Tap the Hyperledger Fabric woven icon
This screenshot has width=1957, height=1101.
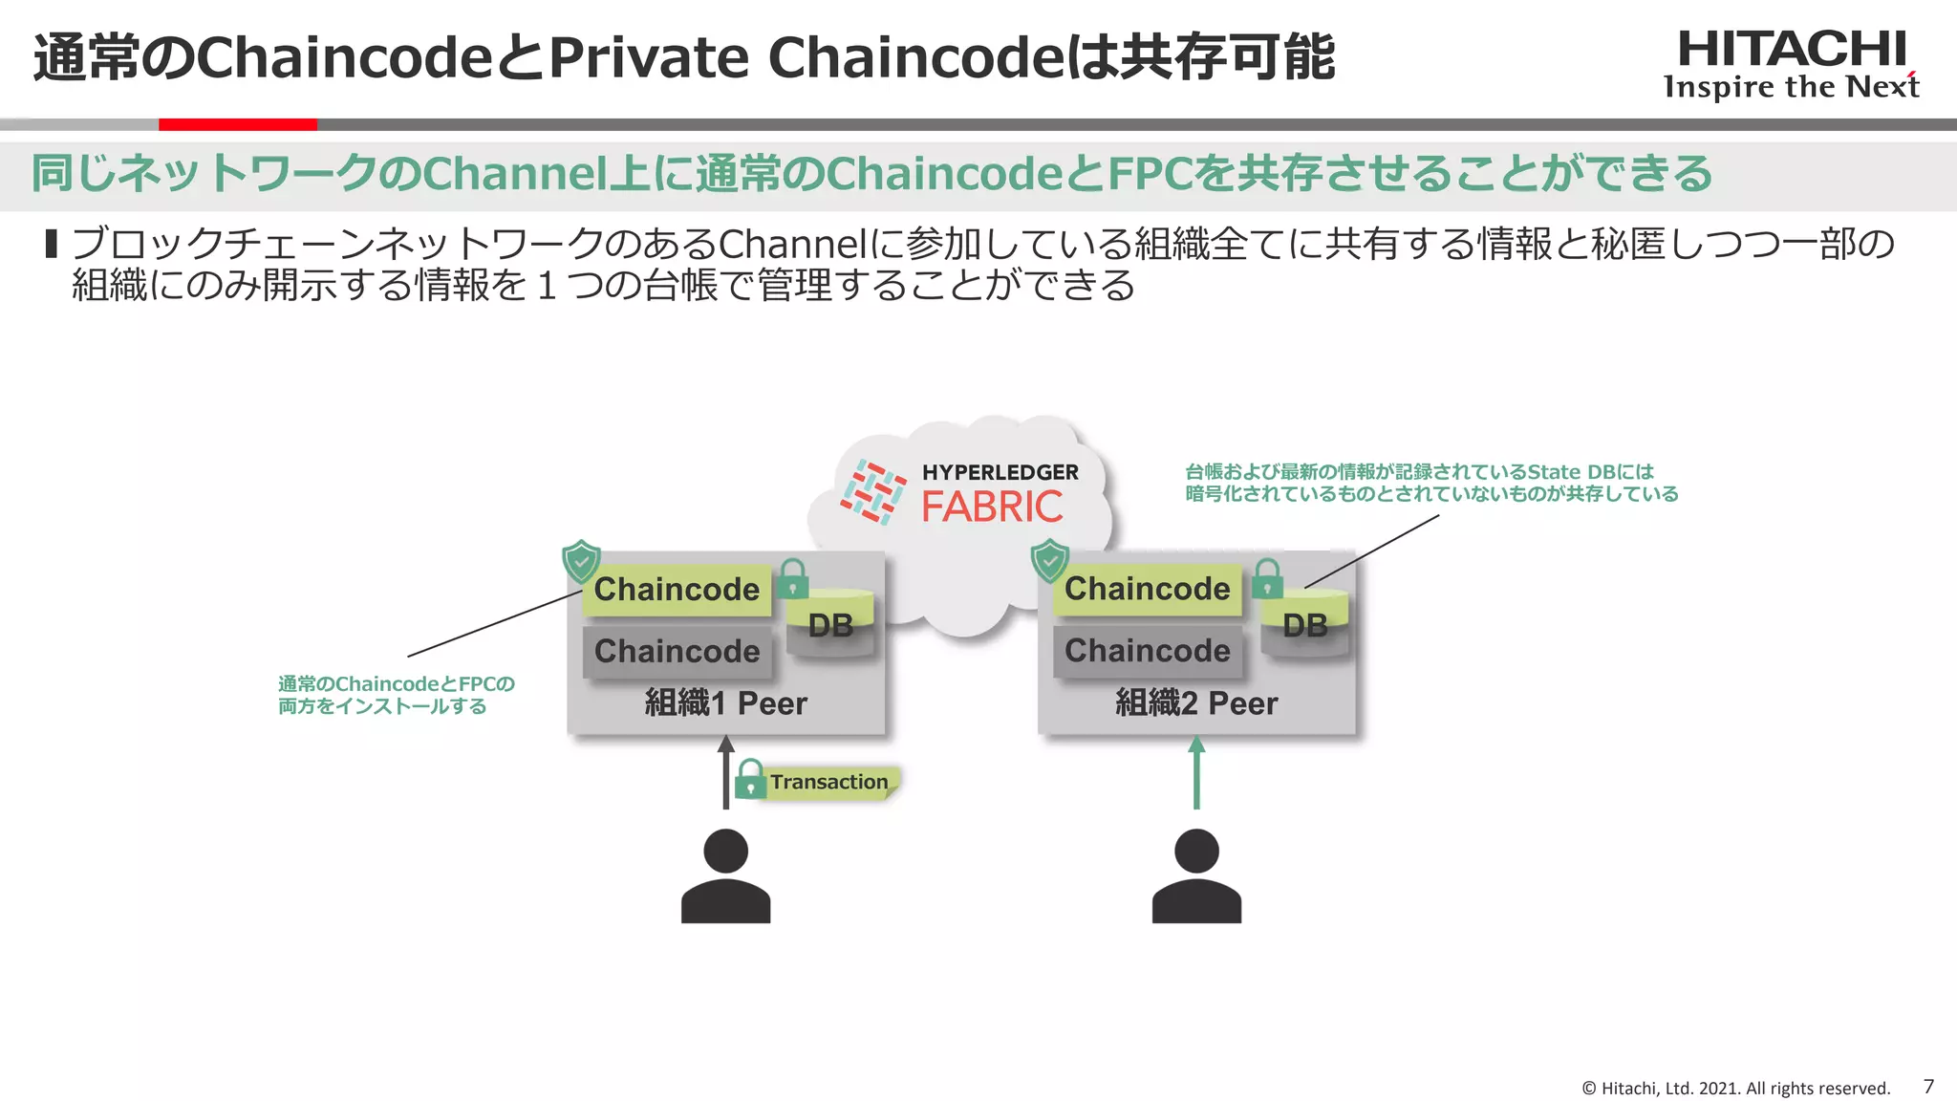click(x=872, y=492)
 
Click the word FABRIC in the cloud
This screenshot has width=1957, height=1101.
click(x=992, y=507)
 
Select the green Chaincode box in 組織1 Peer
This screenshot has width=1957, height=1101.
click(x=677, y=590)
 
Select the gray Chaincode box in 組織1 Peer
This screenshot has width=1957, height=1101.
click(x=677, y=652)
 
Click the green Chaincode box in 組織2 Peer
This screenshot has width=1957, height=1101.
click(x=1147, y=589)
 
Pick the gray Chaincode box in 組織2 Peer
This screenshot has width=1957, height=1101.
click(x=1147, y=651)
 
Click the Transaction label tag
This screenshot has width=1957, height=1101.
click(x=829, y=783)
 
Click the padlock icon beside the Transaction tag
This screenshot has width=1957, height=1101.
click(x=750, y=779)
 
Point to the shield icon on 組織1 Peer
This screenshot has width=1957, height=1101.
click(x=581, y=561)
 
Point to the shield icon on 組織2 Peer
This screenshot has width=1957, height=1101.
click(x=1050, y=560)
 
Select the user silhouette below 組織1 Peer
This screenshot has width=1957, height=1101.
click(x=725, y=875)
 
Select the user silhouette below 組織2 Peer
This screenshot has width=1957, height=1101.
click(x=1196, y=875)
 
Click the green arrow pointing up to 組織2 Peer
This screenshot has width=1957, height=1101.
click(x=1196, y=774)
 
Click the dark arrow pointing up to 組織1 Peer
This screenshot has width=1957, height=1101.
click(x=726, y=774)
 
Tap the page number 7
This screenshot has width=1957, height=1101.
click(x=1928, y=1087)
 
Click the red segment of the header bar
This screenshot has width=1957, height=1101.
click(x=237, y=124)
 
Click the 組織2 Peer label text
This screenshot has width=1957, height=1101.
click(x=1196, y=703)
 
